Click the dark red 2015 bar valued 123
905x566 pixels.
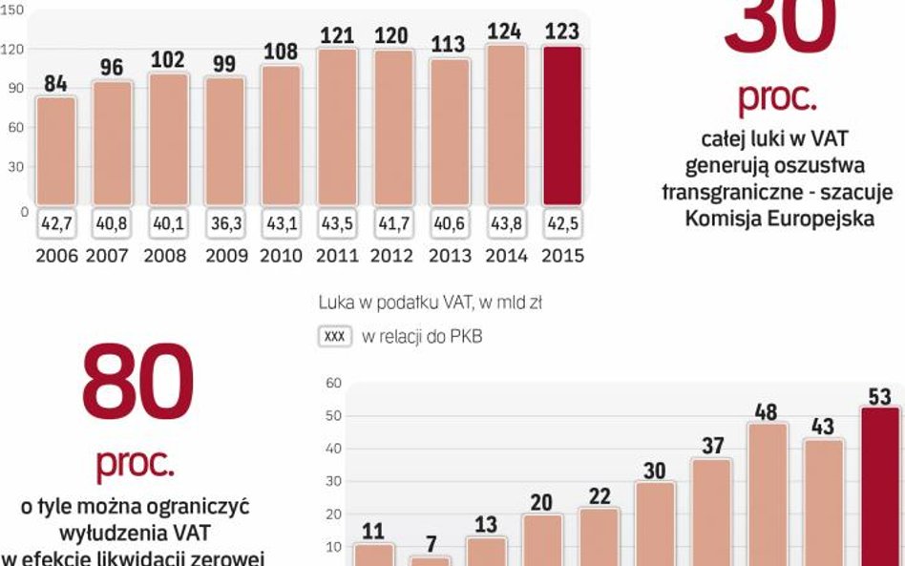pyautogui.click(x=562, y=124)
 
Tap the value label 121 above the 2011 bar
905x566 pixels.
pyautogui.click(x=337, y=34)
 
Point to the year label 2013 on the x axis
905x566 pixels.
pyautogui.click(x=450, y=256)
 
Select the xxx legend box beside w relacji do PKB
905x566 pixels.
pyautogui.click(x=334, y=337)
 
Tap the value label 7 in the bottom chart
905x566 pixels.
pyautogui.click(x=431, y=544)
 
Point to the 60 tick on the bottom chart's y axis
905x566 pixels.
pyautogui.click(x=333, y=384)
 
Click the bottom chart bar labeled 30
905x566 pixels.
pyautogui.click(x=655, y=522)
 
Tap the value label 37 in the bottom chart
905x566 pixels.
pyautogui.click(x=711, y=446)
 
